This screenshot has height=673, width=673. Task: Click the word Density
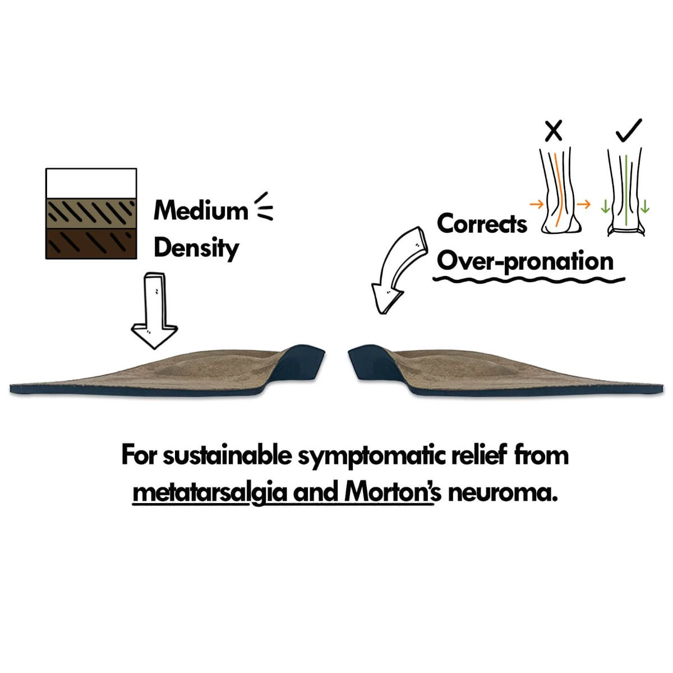196,248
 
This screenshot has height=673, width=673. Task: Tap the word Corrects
482,224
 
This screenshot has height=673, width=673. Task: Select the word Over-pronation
526,261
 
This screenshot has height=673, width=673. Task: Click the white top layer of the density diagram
91,184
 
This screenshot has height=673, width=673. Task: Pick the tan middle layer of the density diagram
91,214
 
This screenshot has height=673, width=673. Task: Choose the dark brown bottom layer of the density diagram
91,244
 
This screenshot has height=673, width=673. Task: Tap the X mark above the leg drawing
554,131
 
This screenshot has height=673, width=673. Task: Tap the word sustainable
227,455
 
